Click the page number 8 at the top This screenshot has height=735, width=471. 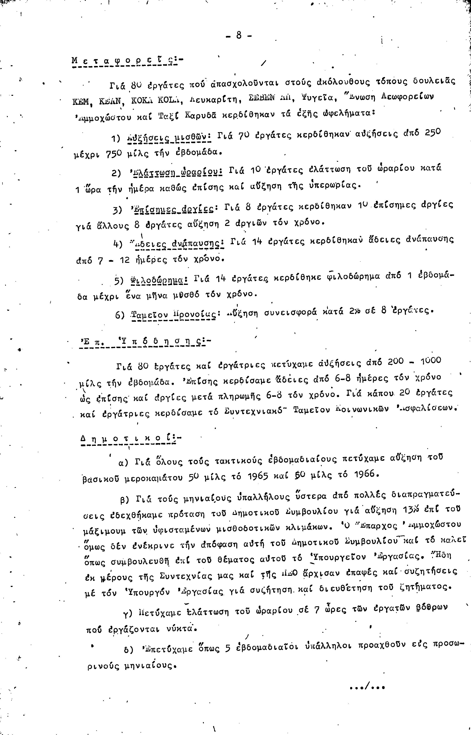[x=239, y=36]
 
